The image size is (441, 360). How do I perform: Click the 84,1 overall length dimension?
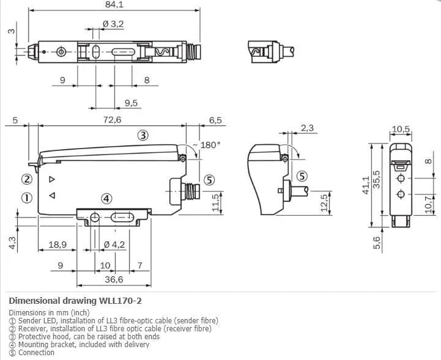click(x=114, y=4)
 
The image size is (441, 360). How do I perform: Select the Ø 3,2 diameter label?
click(x=113, y=24)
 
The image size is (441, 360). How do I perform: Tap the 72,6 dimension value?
click(x=112, y=120)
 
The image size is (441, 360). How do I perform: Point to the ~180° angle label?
click(x=207, y=145)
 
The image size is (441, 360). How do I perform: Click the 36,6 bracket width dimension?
click(x=114, y=279)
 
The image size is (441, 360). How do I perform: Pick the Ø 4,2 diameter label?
click(x=114, y=244)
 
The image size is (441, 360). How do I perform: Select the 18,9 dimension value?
click(x=57, y=244)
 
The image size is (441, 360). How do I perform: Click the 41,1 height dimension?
click(x=366, y=185)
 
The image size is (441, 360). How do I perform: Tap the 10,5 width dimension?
click(x=401, y=129)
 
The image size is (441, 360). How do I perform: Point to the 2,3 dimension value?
click(x=307, y=128)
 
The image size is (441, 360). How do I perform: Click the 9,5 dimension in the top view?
click(x=131, y=103)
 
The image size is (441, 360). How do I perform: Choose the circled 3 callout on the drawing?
click(x=143, y=135)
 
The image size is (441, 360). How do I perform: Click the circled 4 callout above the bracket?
click(x=106, y=199)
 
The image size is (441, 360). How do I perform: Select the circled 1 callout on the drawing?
click(x=27, y=198)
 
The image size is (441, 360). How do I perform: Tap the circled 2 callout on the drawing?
click(x=27, y=179)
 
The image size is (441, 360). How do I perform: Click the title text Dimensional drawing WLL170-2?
click(x=75, y=301)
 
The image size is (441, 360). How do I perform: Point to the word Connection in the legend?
click(x=36, y=353)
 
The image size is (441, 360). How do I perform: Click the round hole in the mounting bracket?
click(x=95, y=217)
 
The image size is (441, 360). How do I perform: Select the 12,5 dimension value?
click(x=324, y=202)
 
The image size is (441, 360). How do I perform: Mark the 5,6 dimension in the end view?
click(x=376, y=243)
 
